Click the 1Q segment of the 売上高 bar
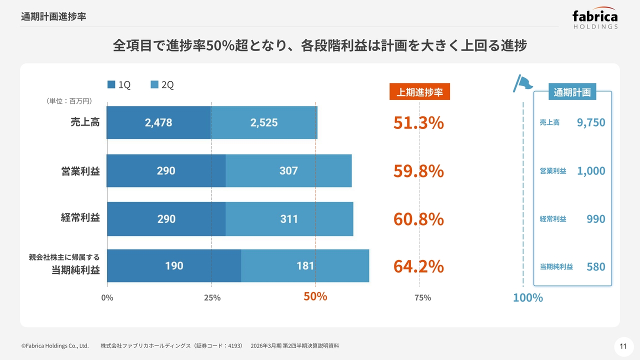coord(159,122)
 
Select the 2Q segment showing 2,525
coord(264,122)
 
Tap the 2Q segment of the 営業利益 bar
coord(288,170)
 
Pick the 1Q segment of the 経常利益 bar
coord(166,218)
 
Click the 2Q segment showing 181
coord(305,265)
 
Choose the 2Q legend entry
coord(162,85)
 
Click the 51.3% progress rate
coord(418,122)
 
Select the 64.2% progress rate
coord(418,266)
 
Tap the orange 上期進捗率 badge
coord(419,92)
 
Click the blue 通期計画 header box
coord(572,92)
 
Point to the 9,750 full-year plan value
coord(590,122)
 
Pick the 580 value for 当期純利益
coord(595,266)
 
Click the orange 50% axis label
coord(315,296)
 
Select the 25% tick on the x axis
coord(212,298)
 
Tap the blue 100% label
coord(527,297)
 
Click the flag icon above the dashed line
coord(522,83)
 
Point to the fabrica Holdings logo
coord(595,19)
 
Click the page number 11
coord(623,346)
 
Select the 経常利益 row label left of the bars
coord(80,218)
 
